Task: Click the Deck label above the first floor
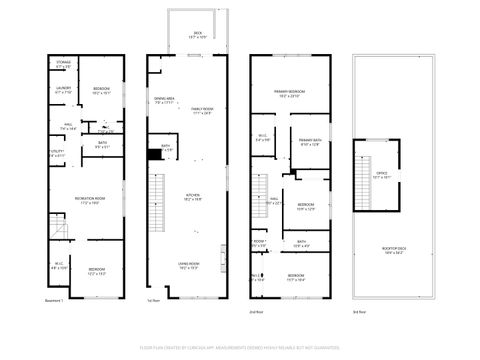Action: point(197,36)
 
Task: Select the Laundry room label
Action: point(64,90)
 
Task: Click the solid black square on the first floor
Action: point(153,154)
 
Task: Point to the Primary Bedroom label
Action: point(290,94)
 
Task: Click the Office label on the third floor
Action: point(382,174)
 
